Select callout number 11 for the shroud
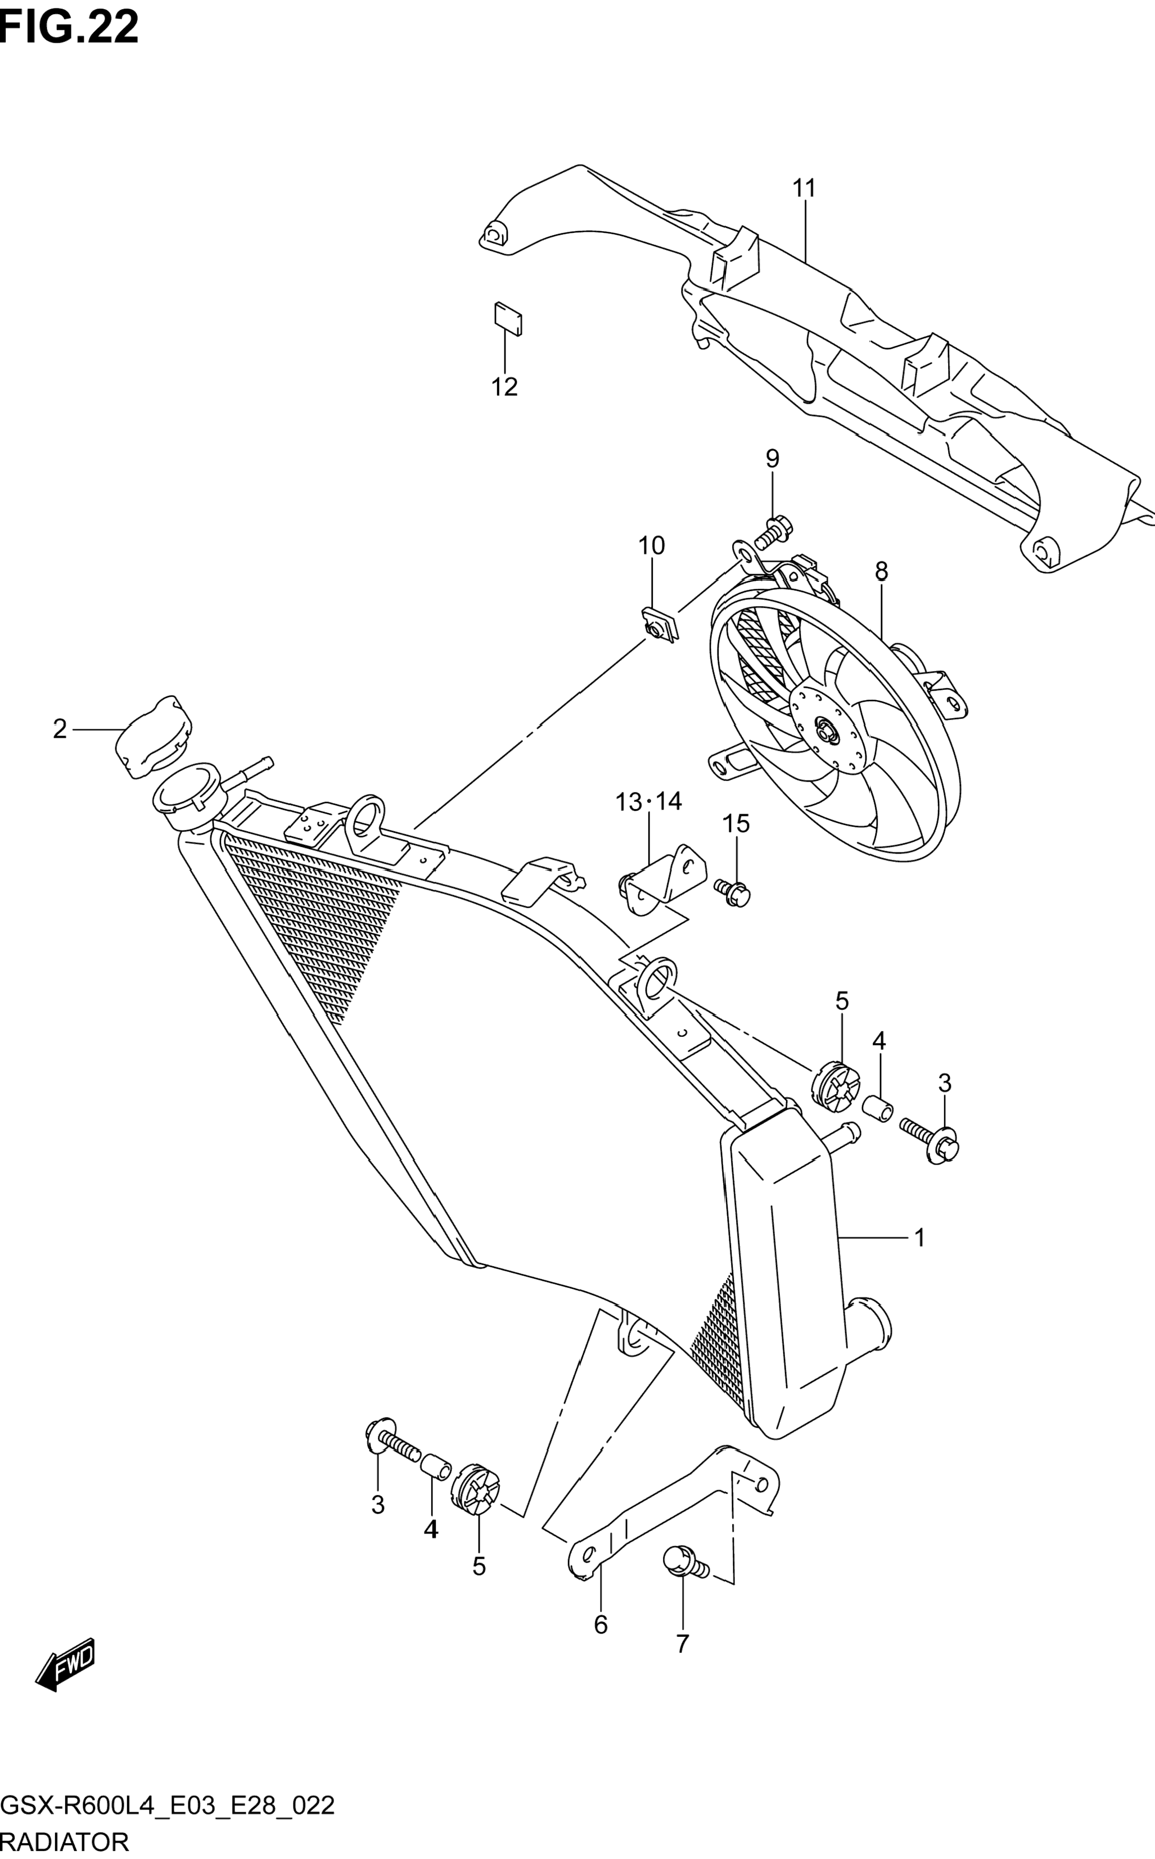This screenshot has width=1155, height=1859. coord(804,188)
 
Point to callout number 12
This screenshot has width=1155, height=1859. coord(504,387)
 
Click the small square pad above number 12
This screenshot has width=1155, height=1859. coord(508,318)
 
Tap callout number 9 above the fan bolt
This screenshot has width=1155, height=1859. coord(772,459)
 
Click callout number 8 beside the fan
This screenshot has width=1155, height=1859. coord(882,571)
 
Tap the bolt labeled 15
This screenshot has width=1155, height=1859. coord(734,891)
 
